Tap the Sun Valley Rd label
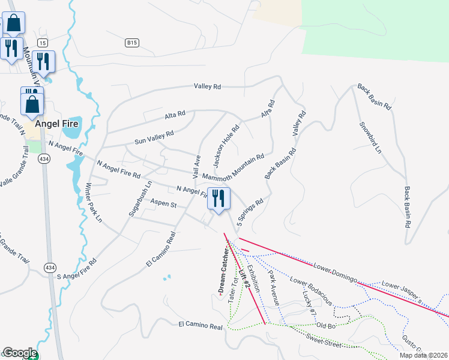tap(154, 137)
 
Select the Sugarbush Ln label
tap(133, 198)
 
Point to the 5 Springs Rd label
tap(250, 213)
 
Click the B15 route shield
tap(132, 43)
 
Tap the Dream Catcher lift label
tap(220, 273)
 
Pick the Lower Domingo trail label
tap(336, 272)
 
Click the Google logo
tap(19, 353)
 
